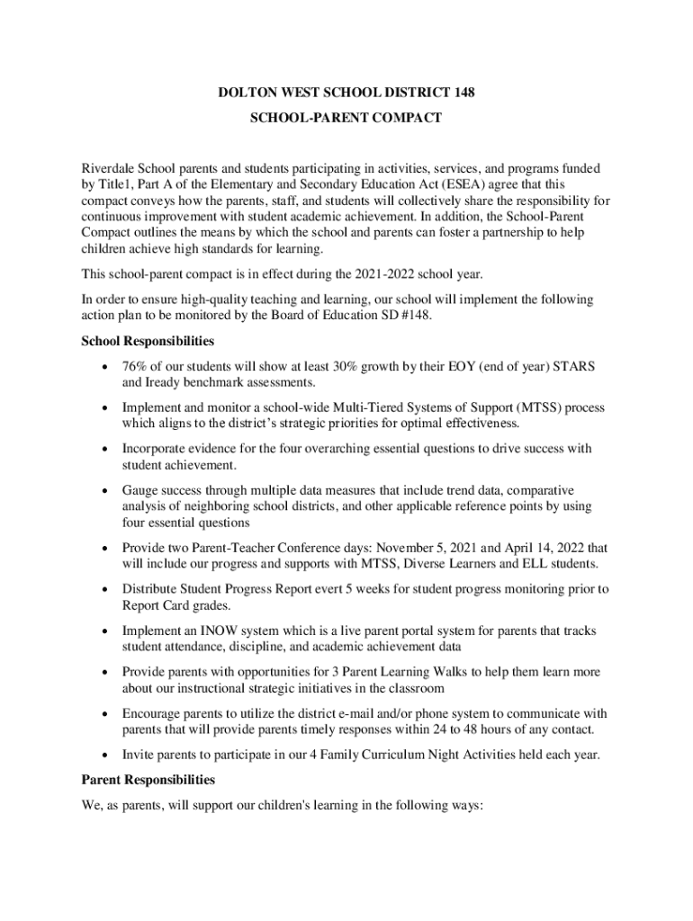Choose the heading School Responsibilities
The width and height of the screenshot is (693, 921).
coord(148,342)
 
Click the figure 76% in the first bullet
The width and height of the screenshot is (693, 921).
coord(137,367)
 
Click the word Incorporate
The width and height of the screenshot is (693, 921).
coord(156,449)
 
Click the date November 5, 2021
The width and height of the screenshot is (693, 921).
coord(431,548)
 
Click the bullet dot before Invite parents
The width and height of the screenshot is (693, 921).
coord(107,756)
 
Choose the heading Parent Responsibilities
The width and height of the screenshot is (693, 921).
coord(148,779)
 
